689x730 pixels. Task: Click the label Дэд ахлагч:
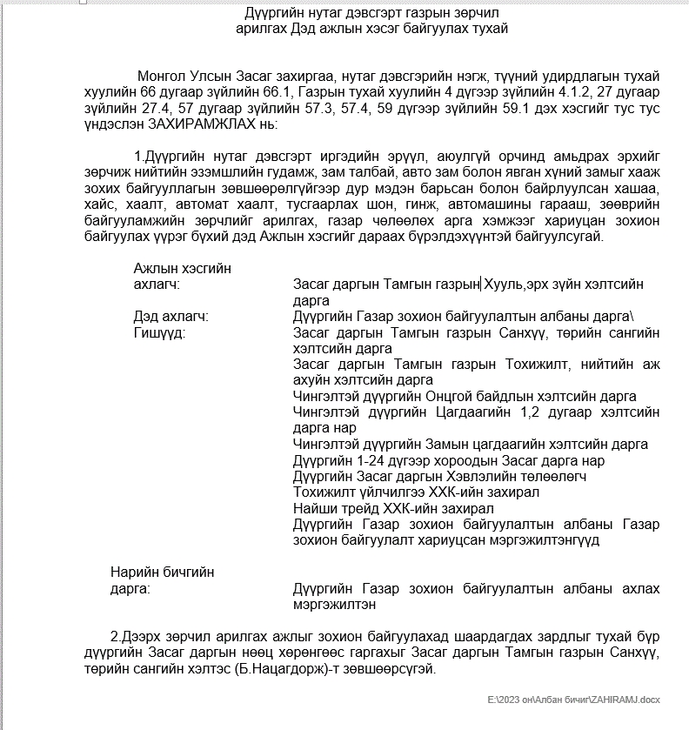(x=171, y=317)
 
